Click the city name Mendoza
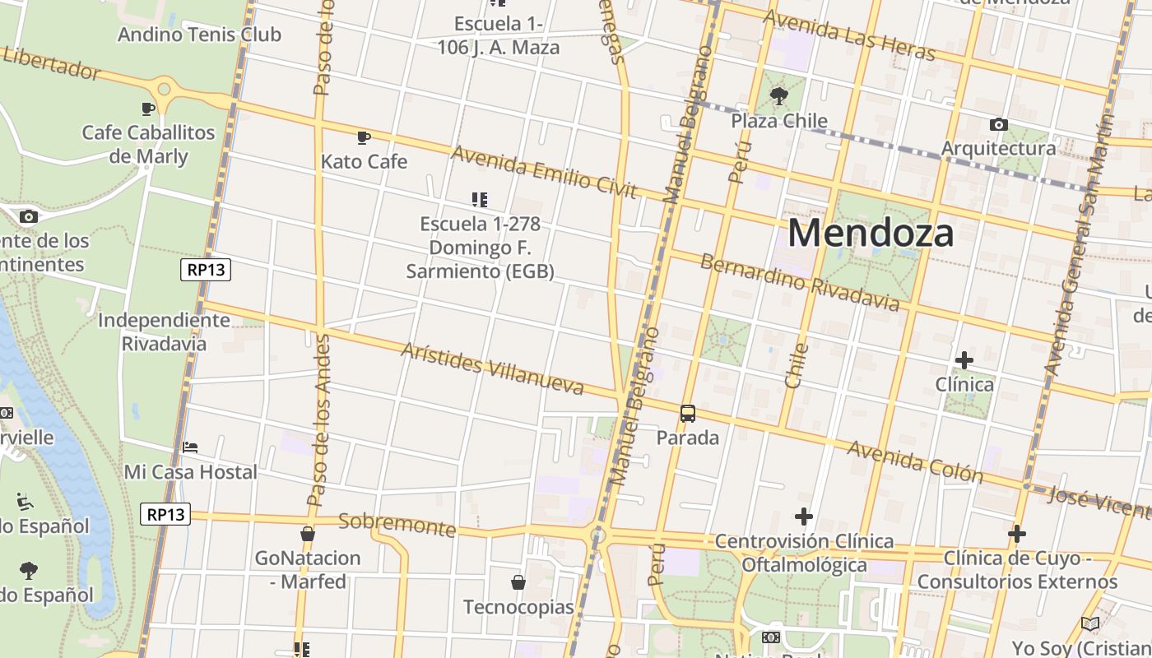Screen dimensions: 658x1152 point(871,233)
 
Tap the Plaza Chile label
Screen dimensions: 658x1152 point(779,121)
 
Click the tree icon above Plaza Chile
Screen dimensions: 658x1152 point(778,97)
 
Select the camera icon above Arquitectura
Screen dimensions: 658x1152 point(998,125)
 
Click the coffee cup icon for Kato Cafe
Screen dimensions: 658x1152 point(364,137)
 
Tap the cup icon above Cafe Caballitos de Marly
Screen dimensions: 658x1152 point(148,109)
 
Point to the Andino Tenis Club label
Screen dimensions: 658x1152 point(199,35)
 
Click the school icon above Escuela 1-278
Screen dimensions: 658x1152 point(480,199)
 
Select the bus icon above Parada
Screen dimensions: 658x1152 point(688,414)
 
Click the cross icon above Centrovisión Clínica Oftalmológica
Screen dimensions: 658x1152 point(804,517)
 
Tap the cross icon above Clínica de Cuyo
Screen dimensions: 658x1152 point(1017,534)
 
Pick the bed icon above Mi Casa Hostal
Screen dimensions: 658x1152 point(190,447)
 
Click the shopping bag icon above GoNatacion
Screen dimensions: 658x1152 point(308,535)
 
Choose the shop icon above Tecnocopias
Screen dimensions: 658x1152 point(518,583)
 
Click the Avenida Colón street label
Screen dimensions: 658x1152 point(915,461)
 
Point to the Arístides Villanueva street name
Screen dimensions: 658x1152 point(492,368)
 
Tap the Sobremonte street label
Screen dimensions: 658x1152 point(397,524)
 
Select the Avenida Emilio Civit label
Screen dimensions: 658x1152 point(544,173)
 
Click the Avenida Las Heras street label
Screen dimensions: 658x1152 point(849,35)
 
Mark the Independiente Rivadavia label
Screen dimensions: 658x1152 point(164,331)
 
